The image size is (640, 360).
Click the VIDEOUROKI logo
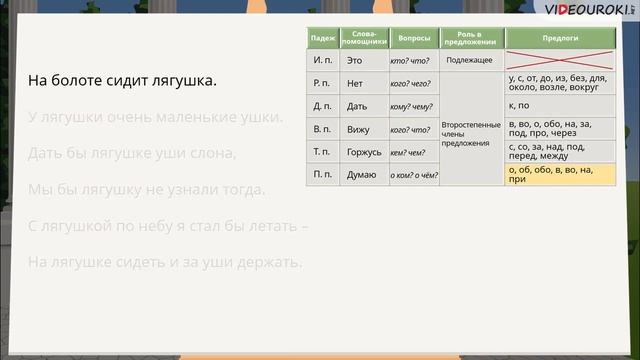point(580,10)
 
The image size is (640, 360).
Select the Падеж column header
point(323,38)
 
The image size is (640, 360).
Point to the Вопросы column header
point(413,38)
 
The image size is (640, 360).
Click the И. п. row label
point(323,60)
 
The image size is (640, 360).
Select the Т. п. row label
point(323,151)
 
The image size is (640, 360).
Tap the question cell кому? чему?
point(411,106)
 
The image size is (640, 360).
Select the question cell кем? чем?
point(410,152)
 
